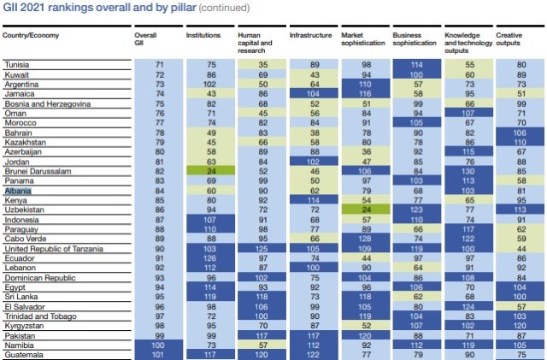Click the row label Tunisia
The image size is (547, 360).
click(18, 64)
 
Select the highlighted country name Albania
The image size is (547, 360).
click(19, 192)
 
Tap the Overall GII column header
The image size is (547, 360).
click(145, 39)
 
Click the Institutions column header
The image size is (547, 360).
click(203, 36)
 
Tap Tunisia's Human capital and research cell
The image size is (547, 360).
click(263, 64)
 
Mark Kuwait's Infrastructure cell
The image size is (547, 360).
click(315, 74)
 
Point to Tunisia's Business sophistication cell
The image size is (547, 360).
click(418, 64)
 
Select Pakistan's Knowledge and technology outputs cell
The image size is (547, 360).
click(470, 335)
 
